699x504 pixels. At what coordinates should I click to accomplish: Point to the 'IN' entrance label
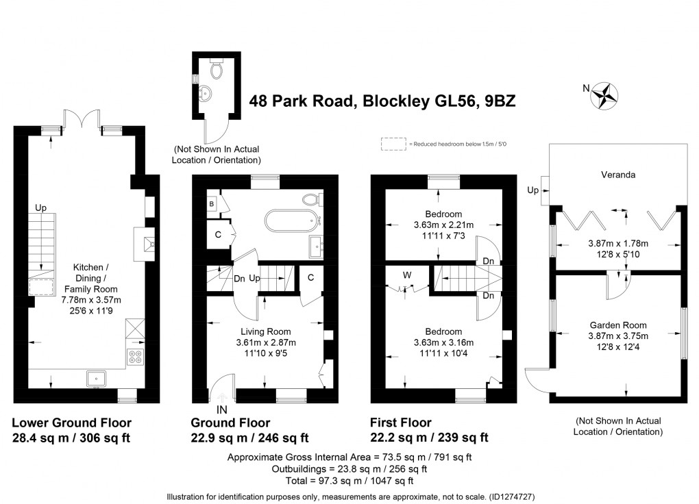click(222, 409)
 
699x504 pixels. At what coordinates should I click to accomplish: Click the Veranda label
click(619, 175)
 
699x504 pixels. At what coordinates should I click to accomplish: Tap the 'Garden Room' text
click(619, 325)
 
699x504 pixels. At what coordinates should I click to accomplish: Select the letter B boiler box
click(212, 204)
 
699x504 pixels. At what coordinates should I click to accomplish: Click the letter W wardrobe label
click(406, 275)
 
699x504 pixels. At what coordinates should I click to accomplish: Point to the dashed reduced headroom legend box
click(393, 144)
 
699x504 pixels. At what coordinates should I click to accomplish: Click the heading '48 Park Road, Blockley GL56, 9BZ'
click(382, 101)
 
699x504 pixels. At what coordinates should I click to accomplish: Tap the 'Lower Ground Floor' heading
click(72, 423)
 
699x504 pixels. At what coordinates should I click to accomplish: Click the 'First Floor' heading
click(401, 423)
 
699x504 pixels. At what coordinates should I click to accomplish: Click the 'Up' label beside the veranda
click(532, 190)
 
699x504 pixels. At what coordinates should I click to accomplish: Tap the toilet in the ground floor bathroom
click(312, 199)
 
